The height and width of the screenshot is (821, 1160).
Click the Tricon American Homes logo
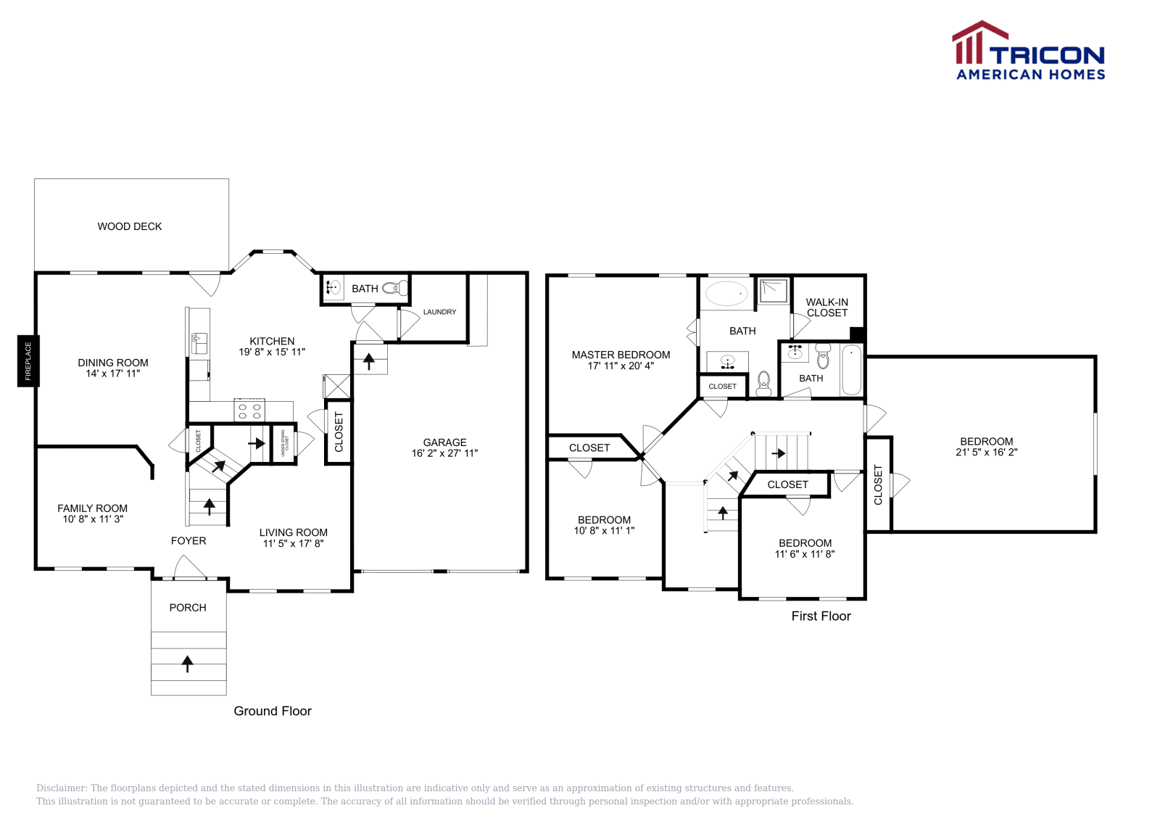tap(1028, 51)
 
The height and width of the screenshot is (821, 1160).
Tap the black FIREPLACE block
tap(28, 361)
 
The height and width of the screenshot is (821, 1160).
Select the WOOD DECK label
tap(130, 226)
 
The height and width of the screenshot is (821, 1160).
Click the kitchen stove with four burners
tap(249, 411)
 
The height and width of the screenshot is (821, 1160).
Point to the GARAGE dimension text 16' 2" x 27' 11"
tap(444, 453)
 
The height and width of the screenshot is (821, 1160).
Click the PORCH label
tap(188, 608)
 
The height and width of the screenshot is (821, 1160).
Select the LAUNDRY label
tap(439, 312)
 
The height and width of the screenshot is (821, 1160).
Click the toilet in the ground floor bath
tap(395, 289)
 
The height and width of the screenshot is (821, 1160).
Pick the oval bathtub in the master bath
tap(726, 294)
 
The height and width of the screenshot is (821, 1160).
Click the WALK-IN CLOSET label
tap(826, 308)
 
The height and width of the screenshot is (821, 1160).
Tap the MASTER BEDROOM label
tap(621, 355)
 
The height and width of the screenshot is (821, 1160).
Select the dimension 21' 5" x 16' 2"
tap(986, 452)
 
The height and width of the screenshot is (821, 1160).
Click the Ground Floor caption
tap(273, 711)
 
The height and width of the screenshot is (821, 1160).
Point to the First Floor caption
tap(821, 616)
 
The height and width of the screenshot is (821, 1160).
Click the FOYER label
tap(188, 540)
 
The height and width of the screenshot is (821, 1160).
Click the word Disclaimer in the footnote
tap(62, 788)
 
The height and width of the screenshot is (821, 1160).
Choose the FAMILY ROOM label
tap(92, 508)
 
